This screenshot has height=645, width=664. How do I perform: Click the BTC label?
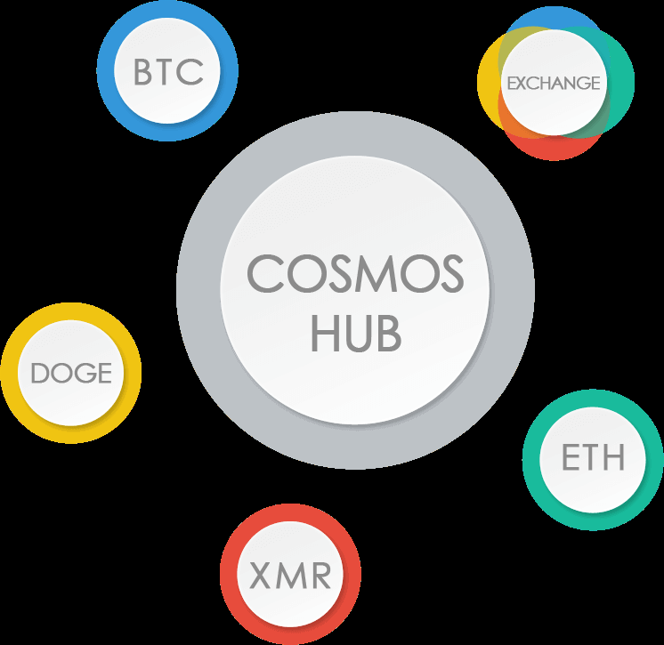168,71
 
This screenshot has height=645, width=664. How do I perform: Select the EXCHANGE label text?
554,84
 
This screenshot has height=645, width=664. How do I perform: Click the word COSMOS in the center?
355,273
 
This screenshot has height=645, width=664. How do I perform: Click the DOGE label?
71,373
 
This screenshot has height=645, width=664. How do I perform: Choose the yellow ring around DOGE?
12,373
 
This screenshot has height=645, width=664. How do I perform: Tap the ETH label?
593,457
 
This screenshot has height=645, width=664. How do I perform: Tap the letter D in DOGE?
39,373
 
